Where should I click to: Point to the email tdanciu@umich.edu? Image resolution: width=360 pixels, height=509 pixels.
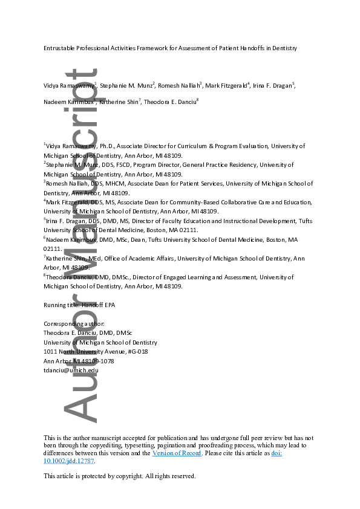71,371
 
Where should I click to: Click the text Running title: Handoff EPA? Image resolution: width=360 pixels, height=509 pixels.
79,305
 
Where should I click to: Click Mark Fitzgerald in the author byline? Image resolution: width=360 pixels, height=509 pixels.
226,86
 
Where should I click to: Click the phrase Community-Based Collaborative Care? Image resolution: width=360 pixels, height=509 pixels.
223,202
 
